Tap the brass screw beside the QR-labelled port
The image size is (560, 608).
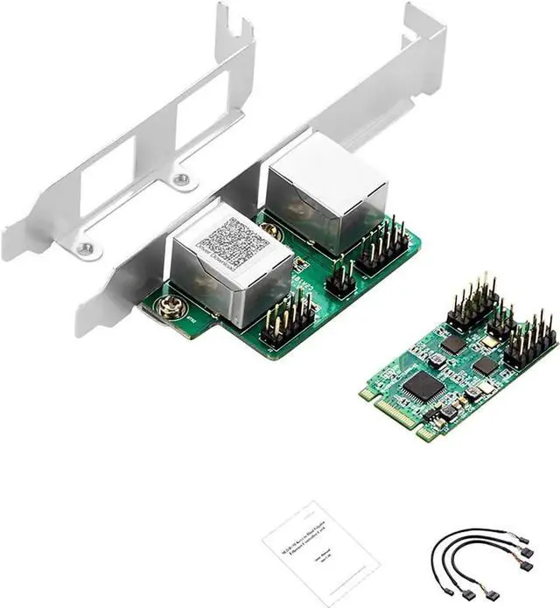[x=165, y=305]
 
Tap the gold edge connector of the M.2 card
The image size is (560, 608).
[x=398, y=415]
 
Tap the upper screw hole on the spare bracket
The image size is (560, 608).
[x=181, y=180]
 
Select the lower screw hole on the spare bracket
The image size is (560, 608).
[x=84, y=249]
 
